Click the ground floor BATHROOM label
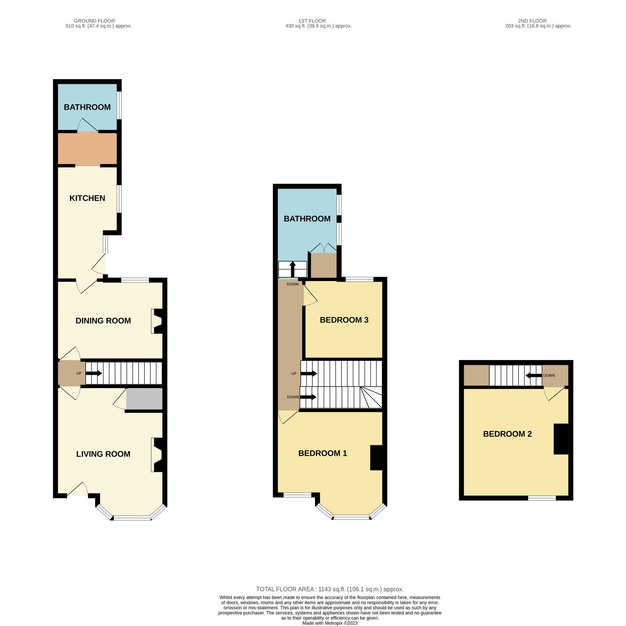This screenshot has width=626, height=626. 87,107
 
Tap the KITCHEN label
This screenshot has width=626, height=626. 87,198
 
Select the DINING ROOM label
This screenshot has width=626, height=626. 103,321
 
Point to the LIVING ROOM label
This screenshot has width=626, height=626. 103,454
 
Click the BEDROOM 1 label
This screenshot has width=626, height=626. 322,453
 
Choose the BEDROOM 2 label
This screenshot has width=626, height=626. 507,434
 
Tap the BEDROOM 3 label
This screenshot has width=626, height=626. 344,320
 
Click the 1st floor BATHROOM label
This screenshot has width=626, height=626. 307,219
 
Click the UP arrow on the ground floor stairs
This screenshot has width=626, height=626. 94,373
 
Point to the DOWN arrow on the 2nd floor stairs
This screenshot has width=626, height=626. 533,376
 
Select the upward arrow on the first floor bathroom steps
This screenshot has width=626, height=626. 292,269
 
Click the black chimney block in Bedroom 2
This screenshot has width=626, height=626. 561,439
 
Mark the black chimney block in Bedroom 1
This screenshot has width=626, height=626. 376,458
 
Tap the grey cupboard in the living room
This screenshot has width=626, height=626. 144,399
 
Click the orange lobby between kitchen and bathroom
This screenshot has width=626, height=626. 87,149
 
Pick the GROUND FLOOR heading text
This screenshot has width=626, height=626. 94,21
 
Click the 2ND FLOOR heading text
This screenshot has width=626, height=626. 532,21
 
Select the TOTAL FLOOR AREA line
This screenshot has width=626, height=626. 330,589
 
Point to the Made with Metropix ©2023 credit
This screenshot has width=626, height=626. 330,623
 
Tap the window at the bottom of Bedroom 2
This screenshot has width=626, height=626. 542,498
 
